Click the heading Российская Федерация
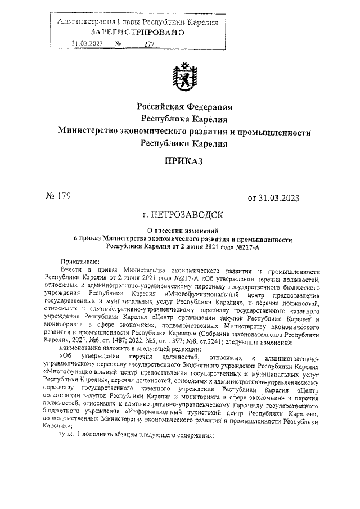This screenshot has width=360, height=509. point(184,107)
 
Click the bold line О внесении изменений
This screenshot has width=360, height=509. point(184,231)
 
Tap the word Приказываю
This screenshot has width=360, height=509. point(79,262)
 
